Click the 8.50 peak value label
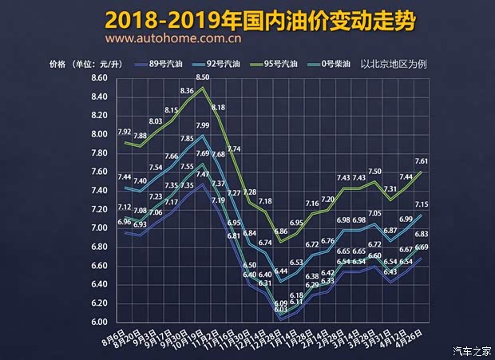tap(202, 77)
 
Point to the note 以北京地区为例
tap(395, 64)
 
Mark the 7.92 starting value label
tap(124, 132)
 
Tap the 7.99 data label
tap(203, 125)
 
